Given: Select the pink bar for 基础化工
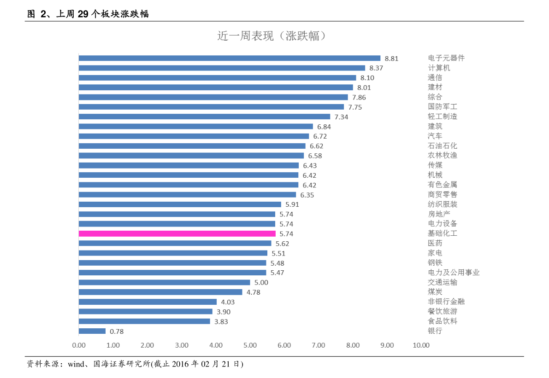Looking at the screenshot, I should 177,233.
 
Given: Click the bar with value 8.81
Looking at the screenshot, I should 229,58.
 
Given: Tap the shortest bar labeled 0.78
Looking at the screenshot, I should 92,331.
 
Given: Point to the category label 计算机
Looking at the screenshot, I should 439,68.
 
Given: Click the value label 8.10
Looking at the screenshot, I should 367,78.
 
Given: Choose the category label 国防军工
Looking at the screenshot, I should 443,107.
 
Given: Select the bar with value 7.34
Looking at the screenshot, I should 204,116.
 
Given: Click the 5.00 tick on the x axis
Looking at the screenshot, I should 250,345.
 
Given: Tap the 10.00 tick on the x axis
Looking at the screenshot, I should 421,345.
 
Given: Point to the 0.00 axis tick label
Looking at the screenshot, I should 79,345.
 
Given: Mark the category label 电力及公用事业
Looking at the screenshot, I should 454,273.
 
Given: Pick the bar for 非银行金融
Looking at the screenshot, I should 148,302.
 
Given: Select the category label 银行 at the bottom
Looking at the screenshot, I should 435,331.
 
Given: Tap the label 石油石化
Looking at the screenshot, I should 443,146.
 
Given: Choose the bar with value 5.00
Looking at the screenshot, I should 164,282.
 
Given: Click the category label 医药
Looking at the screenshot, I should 435,243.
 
